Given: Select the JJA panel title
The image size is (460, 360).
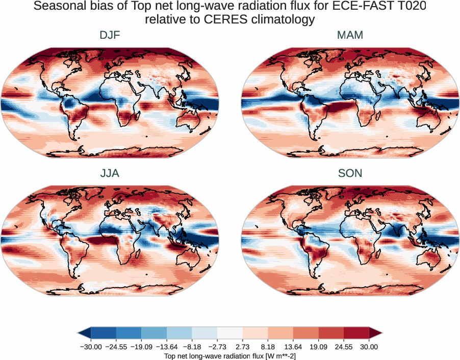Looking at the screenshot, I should pos(110,173).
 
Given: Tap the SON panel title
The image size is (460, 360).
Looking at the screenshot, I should pos(350,173).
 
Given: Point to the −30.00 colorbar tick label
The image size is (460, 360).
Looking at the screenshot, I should pos(91,347).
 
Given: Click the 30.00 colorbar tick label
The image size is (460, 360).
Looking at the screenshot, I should pos(369,347).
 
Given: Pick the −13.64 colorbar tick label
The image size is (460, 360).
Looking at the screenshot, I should pos(167,347).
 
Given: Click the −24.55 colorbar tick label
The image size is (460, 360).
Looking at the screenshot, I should pos(116,347).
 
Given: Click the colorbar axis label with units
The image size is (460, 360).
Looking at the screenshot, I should pos(230,355).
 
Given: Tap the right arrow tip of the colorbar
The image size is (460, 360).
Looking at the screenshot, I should pos(381,333).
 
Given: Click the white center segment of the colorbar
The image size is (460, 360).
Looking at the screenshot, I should pos(230,333).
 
